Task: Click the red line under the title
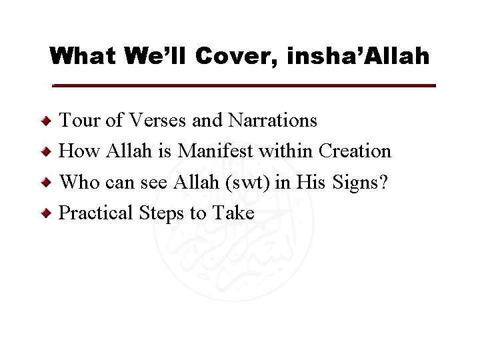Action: [x=244, y=86]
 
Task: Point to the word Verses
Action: [x=155, y=121]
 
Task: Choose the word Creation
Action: [x=355, y=151]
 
